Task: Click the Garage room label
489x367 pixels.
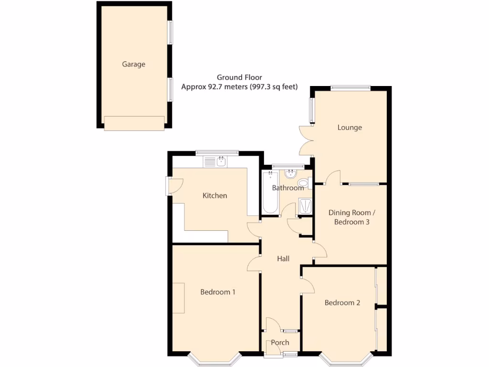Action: pyautogui.click(x=133, y=64)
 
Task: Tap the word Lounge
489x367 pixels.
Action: pyautogui.click(x=350, y=128)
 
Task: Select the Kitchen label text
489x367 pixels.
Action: pyautogui.click(x=215, y=195)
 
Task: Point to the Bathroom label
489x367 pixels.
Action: pyautogui.click(x=288, y=188)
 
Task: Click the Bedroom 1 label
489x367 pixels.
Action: pyautogui.click(x=217, y=292)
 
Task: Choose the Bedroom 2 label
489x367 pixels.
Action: pyautogui.click(x=342, y=302)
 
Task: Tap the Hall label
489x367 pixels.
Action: pyautogui.click(x=283, y=259)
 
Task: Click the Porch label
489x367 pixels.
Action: pyautogui.click(x=280, y=343)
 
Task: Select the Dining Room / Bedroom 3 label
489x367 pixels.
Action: pyautogui.click(x=352, y=217)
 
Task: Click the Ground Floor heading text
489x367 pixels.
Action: pyautogui.click(x=239, y=77)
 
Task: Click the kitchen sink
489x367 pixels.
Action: pyautogui.click(x=221, y=162)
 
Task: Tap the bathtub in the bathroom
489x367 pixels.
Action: pyautogui.click(x=270, y=194)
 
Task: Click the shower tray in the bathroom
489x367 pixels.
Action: pyautogui.click(x=305, y=206)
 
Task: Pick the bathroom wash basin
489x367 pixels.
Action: pyautogui.click(x=290, y=173)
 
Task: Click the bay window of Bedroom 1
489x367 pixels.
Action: pyautogui.click(x=213, y=360)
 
